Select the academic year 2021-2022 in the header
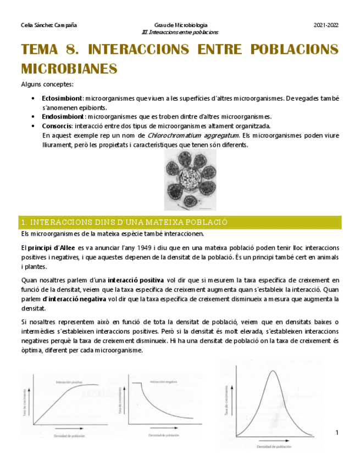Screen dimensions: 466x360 click(326, 25)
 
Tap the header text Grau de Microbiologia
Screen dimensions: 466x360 click(180, 25)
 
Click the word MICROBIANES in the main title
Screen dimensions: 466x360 click(69, 69)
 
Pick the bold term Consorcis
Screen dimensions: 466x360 click(56, 126)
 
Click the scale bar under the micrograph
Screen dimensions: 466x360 click(204, 208)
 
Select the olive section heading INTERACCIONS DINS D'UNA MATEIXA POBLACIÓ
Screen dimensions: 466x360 click(124, 222)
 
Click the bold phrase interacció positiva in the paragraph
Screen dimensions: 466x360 click(136, 280)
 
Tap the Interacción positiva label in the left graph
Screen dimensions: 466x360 click(70, 381)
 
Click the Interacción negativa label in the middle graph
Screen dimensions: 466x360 click(163, 381)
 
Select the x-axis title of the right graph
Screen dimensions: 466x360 click(273, 447)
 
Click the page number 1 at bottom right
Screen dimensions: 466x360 click(337, 434)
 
